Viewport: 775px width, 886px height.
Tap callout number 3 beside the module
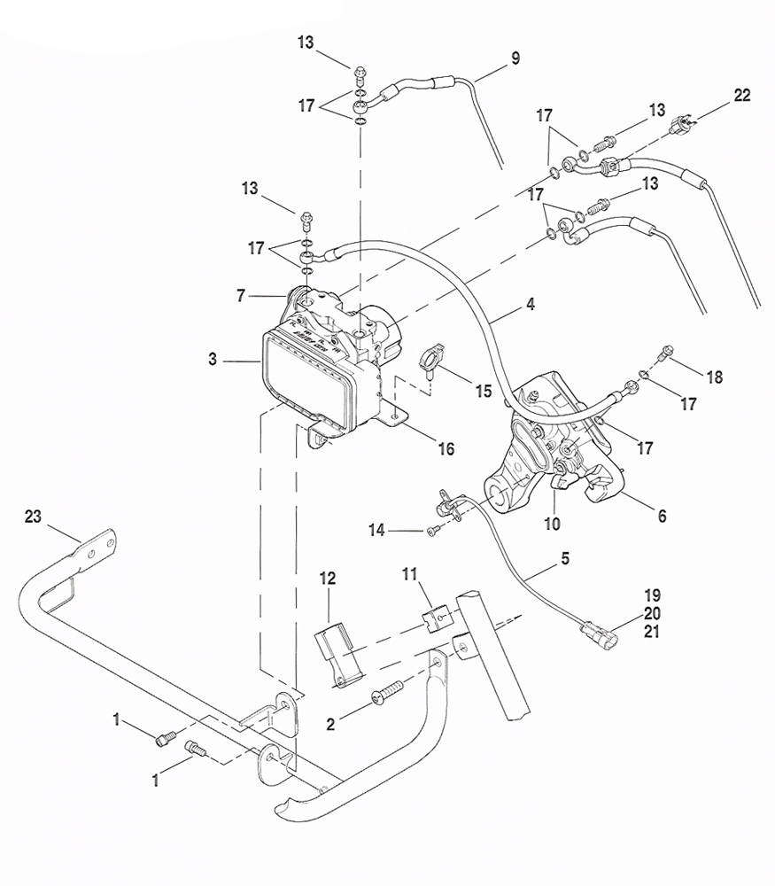coord(213,360)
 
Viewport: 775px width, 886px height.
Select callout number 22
coord(741,96)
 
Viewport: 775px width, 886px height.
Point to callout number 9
coord(515,58)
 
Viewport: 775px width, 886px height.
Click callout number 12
coord(328,579)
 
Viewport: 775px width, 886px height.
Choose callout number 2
coord(330,724)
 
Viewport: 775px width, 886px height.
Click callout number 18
coord(715,377)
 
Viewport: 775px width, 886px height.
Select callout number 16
coord(445,449)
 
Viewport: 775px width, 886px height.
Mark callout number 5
coord(565,559)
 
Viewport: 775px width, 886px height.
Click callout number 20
coord(653,612)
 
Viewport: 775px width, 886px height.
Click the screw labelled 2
coord(388,692)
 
